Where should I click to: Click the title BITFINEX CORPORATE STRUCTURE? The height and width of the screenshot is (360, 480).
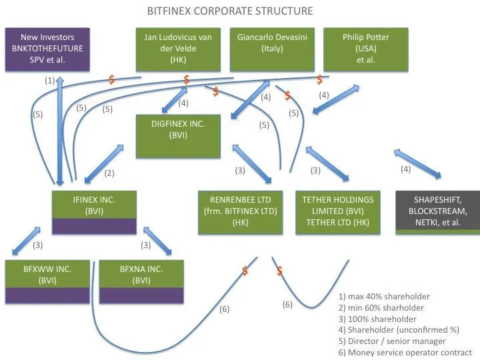229,11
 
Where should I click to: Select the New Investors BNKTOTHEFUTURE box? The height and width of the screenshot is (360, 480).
47,49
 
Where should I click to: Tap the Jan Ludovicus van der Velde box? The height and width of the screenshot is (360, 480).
178,49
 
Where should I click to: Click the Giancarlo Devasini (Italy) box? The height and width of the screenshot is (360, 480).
272,49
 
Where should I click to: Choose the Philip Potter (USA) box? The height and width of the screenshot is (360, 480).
365,49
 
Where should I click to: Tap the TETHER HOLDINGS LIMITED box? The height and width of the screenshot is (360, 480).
337,211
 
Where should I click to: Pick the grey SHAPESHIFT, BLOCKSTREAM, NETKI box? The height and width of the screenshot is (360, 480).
437,211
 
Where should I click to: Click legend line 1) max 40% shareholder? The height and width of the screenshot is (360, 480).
384,296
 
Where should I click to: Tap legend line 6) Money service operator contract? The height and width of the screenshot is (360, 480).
405,352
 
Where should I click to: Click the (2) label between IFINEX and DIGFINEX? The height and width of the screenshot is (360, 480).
110,173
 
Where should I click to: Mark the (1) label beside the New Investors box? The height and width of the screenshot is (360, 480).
50,80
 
